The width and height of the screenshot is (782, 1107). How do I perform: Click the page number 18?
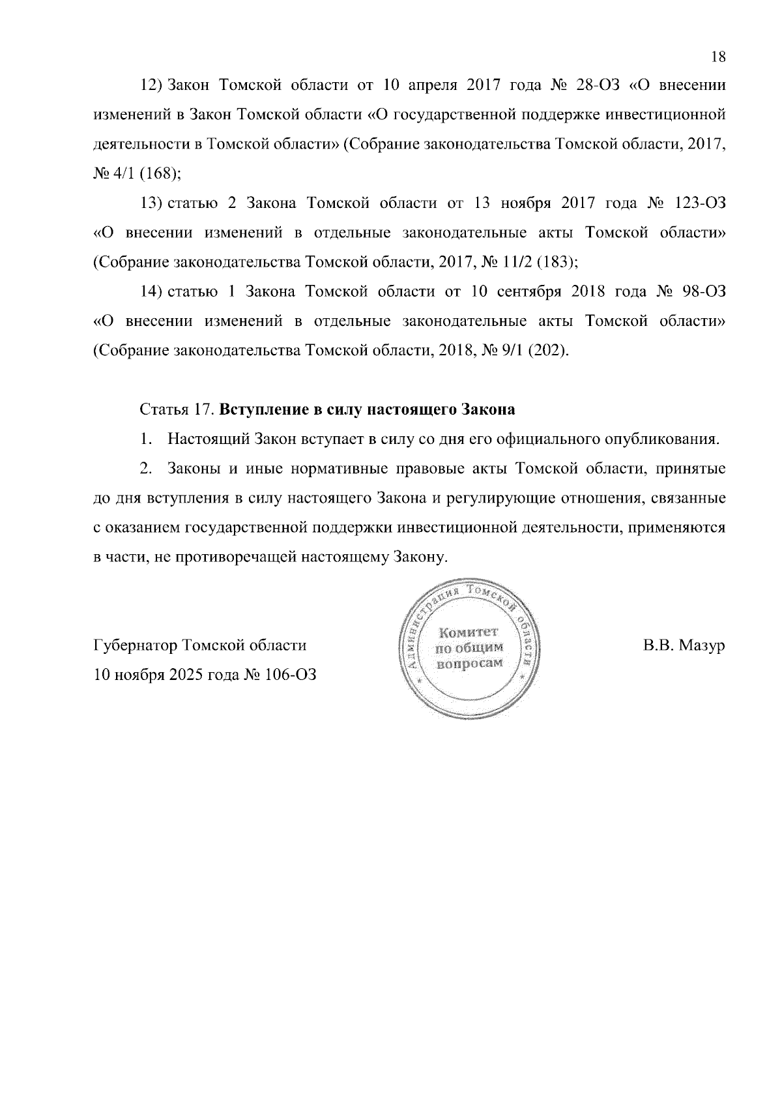pyautogui.click(x=718, y=57)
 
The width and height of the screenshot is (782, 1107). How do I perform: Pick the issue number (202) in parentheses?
pyautogui.click(x=547, y=351)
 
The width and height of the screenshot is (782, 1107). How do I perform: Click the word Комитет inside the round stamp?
pyautogui.click(x=469, y=632)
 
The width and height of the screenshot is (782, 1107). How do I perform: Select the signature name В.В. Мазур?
pyautogui.click(x=684, y=645)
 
